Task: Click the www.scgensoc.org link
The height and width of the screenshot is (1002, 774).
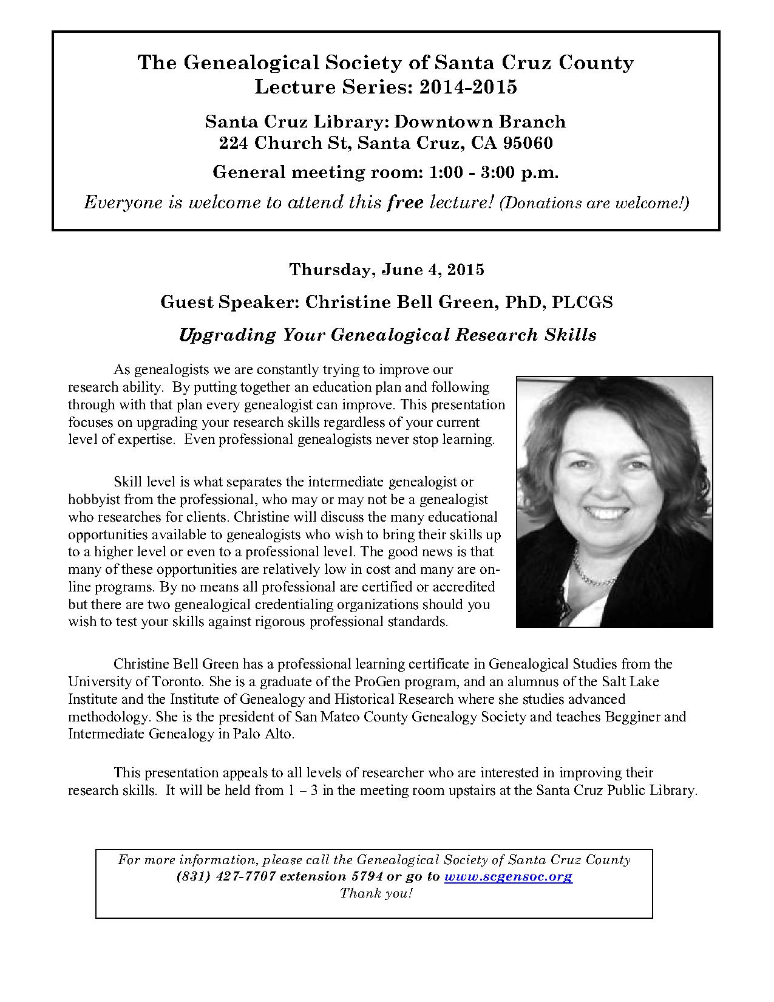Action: click(508, 876)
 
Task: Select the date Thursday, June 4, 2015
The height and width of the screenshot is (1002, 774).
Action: click(387, 270)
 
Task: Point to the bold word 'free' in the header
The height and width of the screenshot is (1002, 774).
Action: click(405, 202)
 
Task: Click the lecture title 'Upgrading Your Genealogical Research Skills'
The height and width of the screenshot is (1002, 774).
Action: click(387, 335)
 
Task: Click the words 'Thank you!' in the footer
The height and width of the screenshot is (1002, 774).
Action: click(376, 893)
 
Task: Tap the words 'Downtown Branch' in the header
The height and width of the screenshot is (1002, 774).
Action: click(480, 121)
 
